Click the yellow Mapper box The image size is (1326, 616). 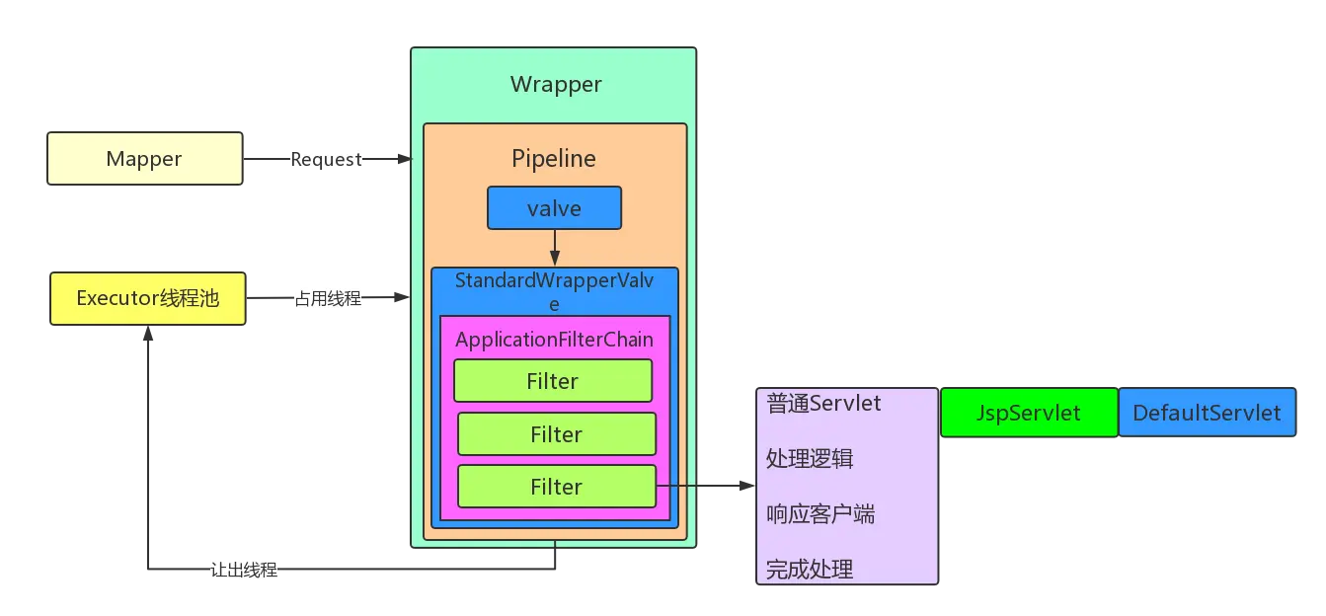click(x=144, y=159)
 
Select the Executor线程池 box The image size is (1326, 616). click(x=147, y=298)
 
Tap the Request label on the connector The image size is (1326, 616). click(x=326, y=159)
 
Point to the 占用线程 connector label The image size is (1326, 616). click(x=328, y=298)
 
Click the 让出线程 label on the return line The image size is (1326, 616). click(x=245, y=570)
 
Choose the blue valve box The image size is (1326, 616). click(x=554, y=208)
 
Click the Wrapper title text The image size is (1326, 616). click(x=556, y=85)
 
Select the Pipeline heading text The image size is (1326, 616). click(x=554, y=158)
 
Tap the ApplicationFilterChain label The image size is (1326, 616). click(x=554, y=340)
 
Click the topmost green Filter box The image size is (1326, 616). click(x=553, y=381)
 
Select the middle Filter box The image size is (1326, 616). click(x=557, y=434)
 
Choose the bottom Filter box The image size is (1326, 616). click(x=557, y=487)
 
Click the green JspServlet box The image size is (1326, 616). click(x=1028, y=413)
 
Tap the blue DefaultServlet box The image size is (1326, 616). click(x=1206, y=413)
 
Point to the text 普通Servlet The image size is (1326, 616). click(x=823, y=403)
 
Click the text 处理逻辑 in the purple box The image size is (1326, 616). click(x=810, y=459)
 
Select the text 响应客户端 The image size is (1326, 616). click(x=819, y=514)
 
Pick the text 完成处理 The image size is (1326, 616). click(x=810, y=570)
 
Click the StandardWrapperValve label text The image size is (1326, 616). click(x=554, y=281)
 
